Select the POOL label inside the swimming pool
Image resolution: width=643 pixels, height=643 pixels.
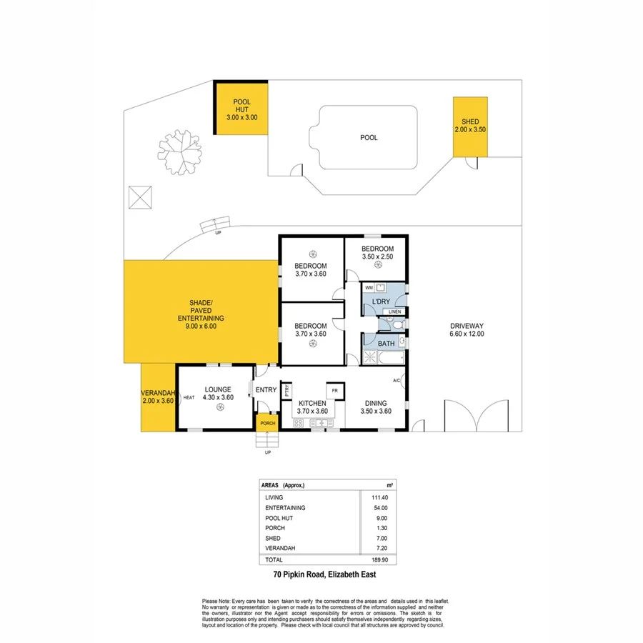pos(369,138)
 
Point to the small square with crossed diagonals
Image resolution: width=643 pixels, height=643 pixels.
pos(141,196)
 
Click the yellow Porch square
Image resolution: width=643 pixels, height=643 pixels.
pos(267,422)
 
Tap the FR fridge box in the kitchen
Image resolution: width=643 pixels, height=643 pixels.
pos(333,392)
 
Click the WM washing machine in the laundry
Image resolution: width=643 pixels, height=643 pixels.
pos(369,288)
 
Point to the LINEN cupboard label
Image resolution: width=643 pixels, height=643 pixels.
pos(394,312)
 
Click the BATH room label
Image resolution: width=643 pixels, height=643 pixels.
pos(386,344)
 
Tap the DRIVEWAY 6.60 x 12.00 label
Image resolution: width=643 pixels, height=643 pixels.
pos(467,330)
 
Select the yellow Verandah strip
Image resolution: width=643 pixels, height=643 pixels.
pos(158,397)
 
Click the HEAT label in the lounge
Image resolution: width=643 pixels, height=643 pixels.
pos(189,397)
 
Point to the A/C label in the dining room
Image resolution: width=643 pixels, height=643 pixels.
pos(397,379)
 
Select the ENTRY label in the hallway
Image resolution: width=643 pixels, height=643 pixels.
pos(266,389)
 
